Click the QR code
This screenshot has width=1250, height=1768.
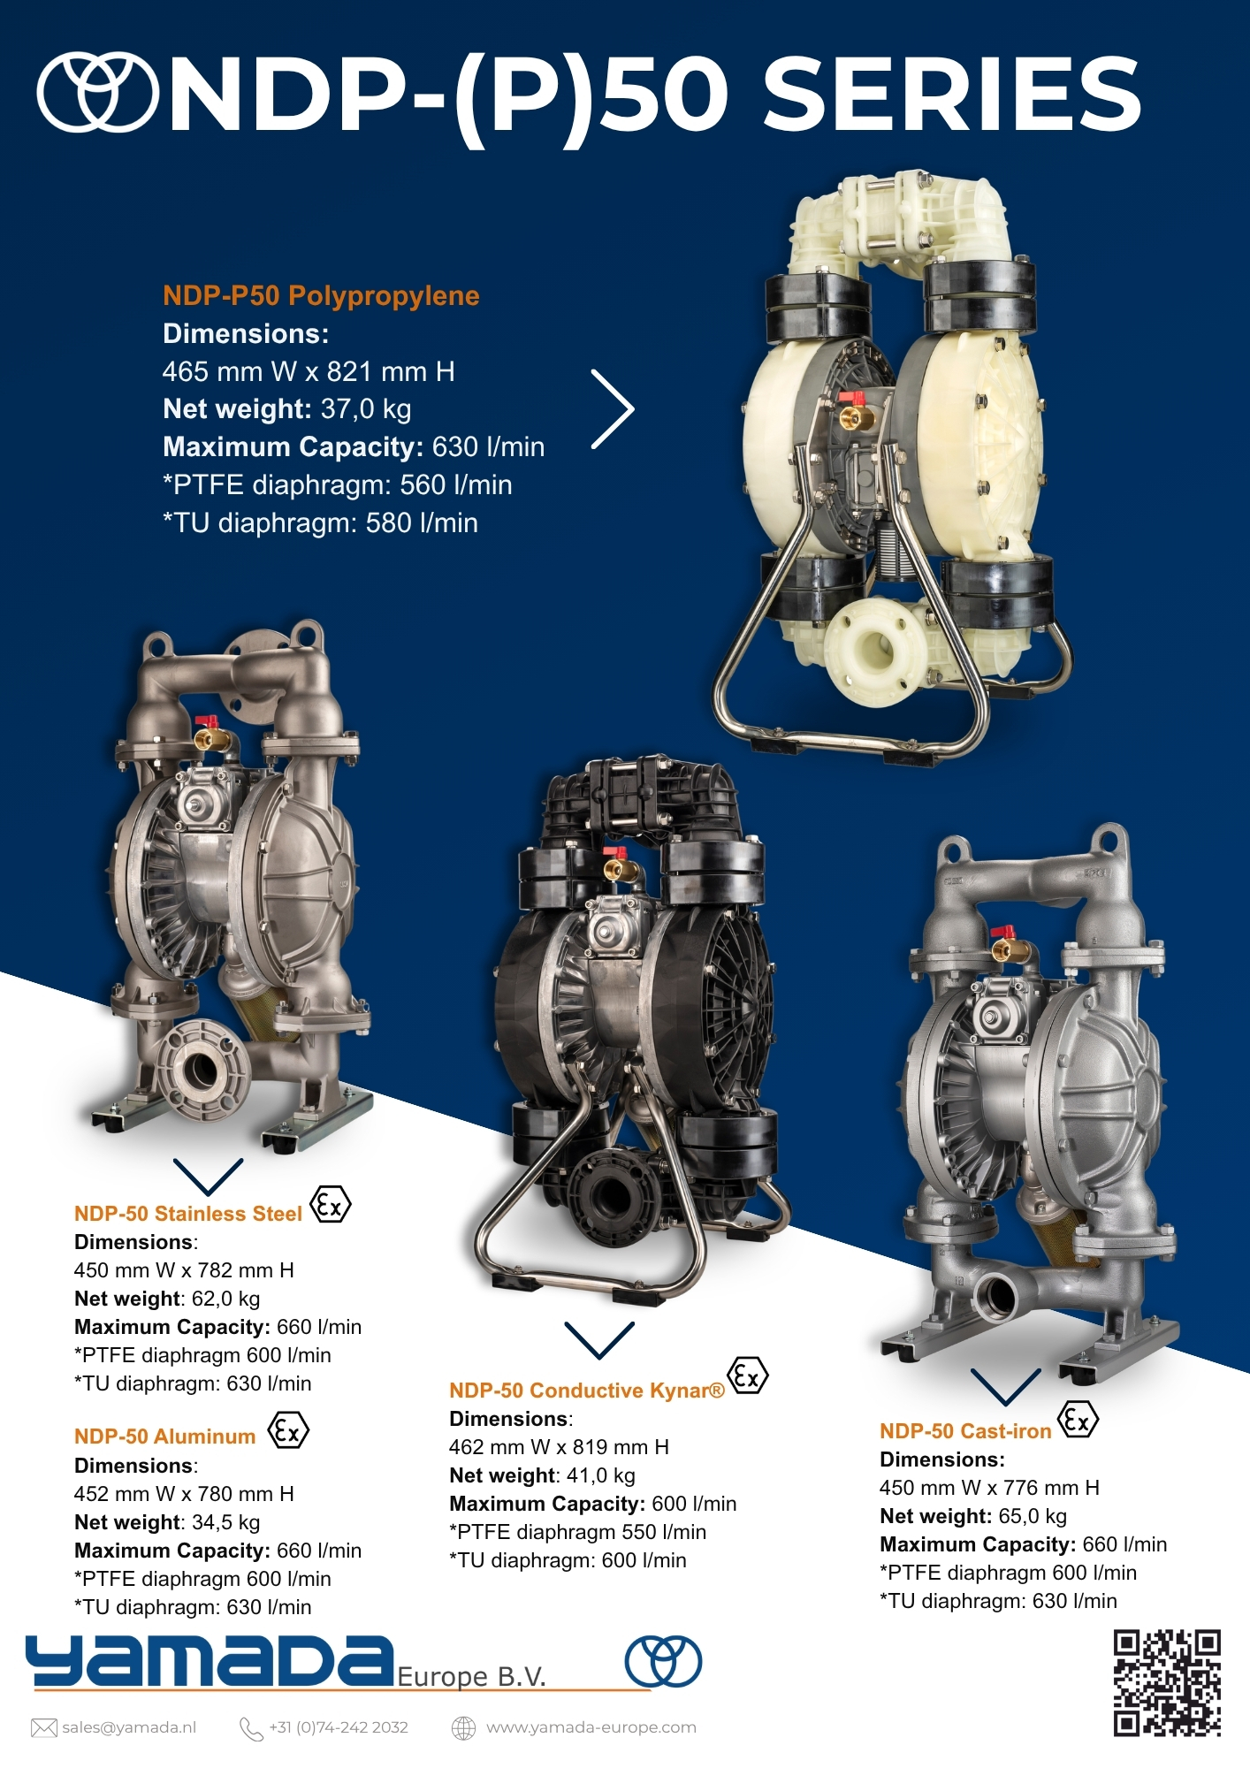[x=1167, y=1683]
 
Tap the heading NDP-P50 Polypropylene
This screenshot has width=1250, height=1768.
[x=321, y=296]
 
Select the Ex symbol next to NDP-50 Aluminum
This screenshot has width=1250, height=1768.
[x=288, y=1430]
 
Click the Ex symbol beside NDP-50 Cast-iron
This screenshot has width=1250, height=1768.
[x=1078, y=1421]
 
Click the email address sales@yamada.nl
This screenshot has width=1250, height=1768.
[x=129, y=1727]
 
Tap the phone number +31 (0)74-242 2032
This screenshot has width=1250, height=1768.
[x=339, y=1727]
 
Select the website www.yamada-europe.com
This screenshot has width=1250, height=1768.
[x=591, y=1727]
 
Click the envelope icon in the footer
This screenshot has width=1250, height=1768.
[x=43, y=1727]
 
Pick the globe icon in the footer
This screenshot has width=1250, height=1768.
[x=464, y=1727]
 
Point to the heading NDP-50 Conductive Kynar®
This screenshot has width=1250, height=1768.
[x=587, y=1391]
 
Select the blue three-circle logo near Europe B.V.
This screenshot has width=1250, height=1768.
[x=664, y=1662]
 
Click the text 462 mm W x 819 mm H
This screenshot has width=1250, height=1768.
[x=559, y=1447]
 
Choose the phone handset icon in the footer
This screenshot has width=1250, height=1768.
[x=251, y=1728]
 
